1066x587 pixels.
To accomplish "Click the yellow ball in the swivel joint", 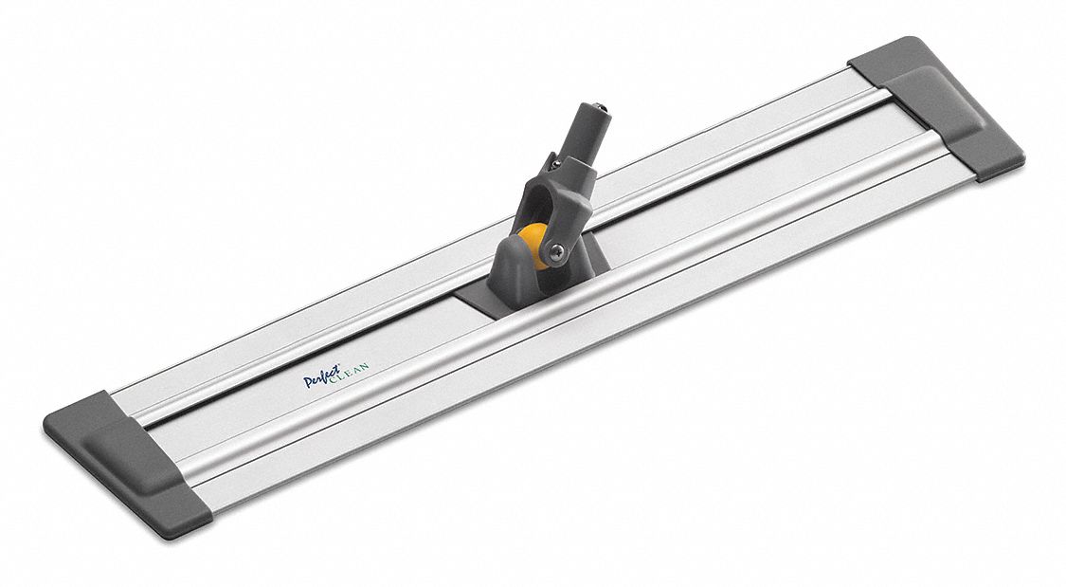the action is coord(533,244).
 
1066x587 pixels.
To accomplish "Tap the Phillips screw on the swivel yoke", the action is coord(557,250).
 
